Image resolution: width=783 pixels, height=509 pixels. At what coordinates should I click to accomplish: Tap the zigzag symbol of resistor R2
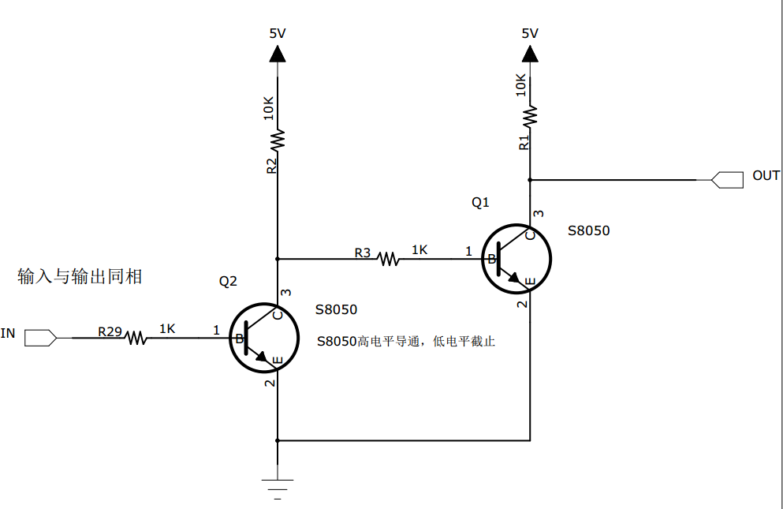pyautogui.click(x=278, y=140)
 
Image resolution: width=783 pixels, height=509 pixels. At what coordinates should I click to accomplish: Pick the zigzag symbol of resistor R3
pyautogui.click(x=388, y=258)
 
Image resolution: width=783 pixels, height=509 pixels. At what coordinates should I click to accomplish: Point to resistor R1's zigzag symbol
pyautogui.click(x=530, y=115)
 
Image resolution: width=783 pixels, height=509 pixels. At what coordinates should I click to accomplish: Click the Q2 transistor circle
pyautogui.click(x=264, y=339)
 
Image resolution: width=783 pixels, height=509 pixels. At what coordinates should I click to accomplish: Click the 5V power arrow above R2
pyautogui.click(x=278, y=54)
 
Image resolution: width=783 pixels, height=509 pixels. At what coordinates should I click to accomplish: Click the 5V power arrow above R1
pyautogui.click(x=530, y=54)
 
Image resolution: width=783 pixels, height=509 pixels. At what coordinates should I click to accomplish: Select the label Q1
pyautogui.click(x=480, y=203)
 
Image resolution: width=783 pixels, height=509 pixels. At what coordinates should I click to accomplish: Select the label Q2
pyautogui.click(x=228, y=281)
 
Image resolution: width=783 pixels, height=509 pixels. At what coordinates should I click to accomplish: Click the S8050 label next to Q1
pyautogui.click(x=588, y=231)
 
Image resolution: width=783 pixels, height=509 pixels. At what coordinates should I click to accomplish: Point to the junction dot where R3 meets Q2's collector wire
pyautogui.click(x=278, y=258)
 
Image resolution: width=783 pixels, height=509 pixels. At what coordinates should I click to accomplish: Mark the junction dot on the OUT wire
pyautogui.click(x=530, y=179)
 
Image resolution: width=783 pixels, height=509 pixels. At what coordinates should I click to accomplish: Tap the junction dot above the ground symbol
pyautogui.click(x=278, y=440)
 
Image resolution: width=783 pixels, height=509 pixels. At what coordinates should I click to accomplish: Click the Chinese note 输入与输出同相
pyautogui.click(x=80, y=276)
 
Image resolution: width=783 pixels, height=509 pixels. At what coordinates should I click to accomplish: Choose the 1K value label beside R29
pyautogui.click(x=167, y=328)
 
